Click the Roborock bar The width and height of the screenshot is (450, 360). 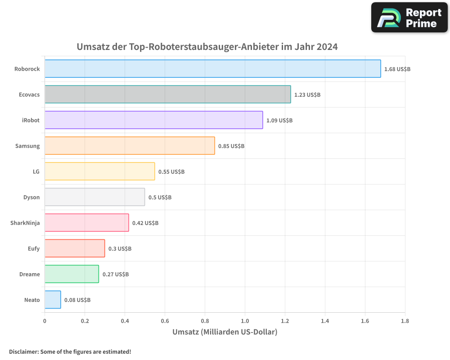212,69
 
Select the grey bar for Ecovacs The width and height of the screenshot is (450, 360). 167,94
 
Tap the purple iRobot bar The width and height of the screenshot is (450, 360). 153,120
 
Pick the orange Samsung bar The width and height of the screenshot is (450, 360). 130,146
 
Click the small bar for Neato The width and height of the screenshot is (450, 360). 53,300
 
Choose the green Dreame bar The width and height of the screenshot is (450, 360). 72,274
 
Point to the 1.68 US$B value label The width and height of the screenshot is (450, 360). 397,69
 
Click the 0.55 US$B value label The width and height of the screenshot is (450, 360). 171,171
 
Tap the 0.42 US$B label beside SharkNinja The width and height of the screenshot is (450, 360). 145,223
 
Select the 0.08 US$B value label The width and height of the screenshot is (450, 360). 77,300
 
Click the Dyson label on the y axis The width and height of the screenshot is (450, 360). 31,197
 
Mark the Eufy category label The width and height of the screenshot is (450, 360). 34,248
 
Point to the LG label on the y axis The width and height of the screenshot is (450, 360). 36,171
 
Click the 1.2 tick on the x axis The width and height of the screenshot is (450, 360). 285,321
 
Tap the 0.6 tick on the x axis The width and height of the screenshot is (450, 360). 165,321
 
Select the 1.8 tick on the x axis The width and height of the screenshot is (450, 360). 405,321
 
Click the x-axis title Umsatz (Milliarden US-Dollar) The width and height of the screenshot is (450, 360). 225,332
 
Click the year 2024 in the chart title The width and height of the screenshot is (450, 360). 327,47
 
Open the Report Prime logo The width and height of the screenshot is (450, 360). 409,18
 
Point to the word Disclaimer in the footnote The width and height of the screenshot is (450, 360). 23,351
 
